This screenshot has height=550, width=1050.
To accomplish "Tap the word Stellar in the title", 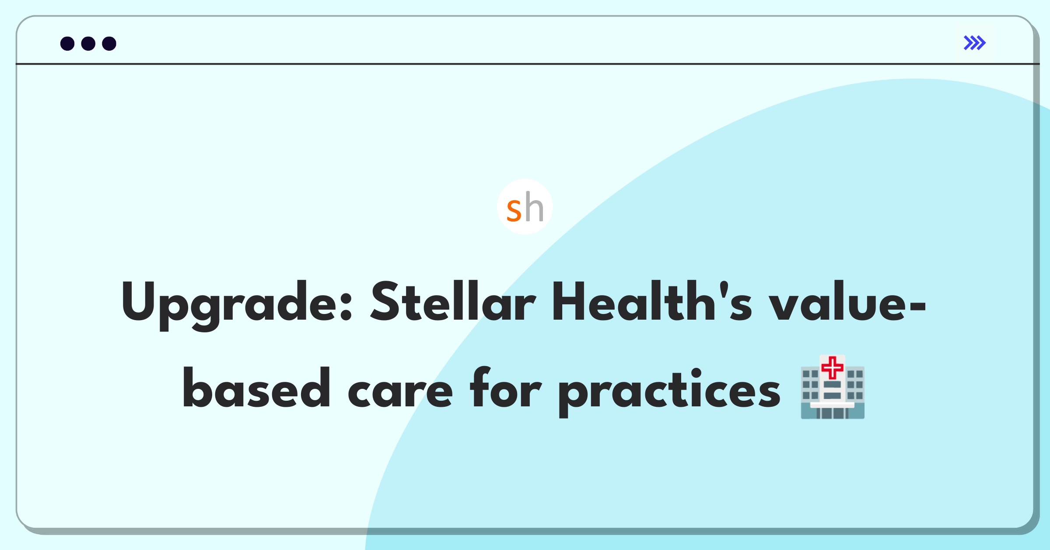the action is pyautogui.click(x=453, y=301).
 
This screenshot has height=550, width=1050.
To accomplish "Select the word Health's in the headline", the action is pyautogui.click(x=652, y=301).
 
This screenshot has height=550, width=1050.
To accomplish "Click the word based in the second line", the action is pyautogui.click(x=256, y=388).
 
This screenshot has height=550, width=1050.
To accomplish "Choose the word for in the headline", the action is pyautogui.click(x=506, y=388).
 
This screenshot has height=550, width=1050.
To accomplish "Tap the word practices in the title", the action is pyautogui.click(x=669, y=392).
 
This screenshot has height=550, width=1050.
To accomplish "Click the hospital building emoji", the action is pyautogui.click(x=833, y=387).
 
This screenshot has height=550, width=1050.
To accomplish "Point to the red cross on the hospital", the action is pyautogui.click(x=833, y=367).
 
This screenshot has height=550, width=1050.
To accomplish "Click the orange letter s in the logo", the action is pyautogui.click(x=514, y=211).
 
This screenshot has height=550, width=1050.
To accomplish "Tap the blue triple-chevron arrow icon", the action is pyautogui.click(x=975, y=43).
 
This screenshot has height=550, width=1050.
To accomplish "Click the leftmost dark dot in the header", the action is pyautogui.click(x=67, y=43).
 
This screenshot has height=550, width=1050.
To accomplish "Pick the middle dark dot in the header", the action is pyautogui.click(x=88, y=43).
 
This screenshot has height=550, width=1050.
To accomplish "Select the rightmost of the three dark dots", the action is pyautogui.click(x=109, y=43).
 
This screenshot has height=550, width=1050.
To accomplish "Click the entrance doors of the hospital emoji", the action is pyautogui.click(x=833, y=413).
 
